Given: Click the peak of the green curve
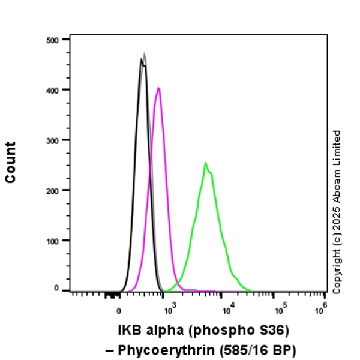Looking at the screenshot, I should [205, 163].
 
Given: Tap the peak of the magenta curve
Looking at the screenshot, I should [158, 88].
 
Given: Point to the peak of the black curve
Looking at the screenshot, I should [141, 59].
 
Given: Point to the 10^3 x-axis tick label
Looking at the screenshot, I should [170, 309].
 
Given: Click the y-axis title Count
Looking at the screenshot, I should [11, 162].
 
